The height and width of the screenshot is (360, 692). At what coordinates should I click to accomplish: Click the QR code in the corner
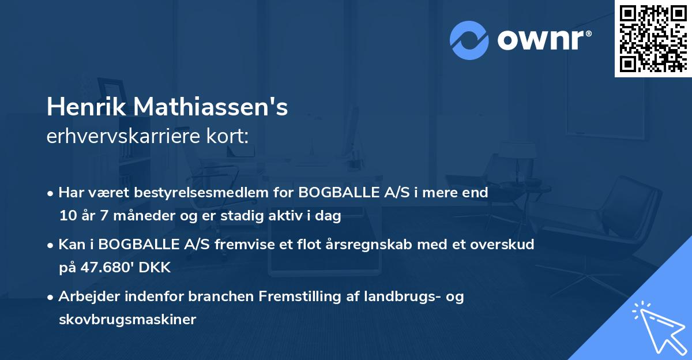click(x=653, y=38)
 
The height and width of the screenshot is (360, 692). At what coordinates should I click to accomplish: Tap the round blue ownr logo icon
click(x=469, y=40)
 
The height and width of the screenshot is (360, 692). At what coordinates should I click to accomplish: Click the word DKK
click(x=155, y=268)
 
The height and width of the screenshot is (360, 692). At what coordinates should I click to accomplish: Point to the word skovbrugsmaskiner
click(x=127, y=320)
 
